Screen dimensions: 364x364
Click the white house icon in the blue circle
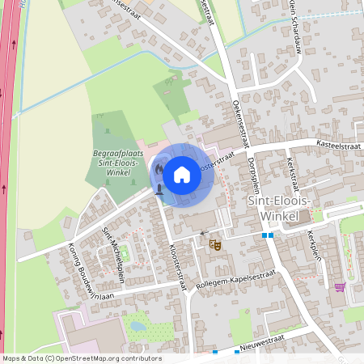(x=182, y=173)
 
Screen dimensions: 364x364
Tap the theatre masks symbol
(x=215, y=243)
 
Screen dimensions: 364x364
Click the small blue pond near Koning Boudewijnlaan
(x=138, y=328)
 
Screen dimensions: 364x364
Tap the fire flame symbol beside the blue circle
(x=159, y=171)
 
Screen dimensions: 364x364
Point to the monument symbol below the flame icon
(x=159, y=189)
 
